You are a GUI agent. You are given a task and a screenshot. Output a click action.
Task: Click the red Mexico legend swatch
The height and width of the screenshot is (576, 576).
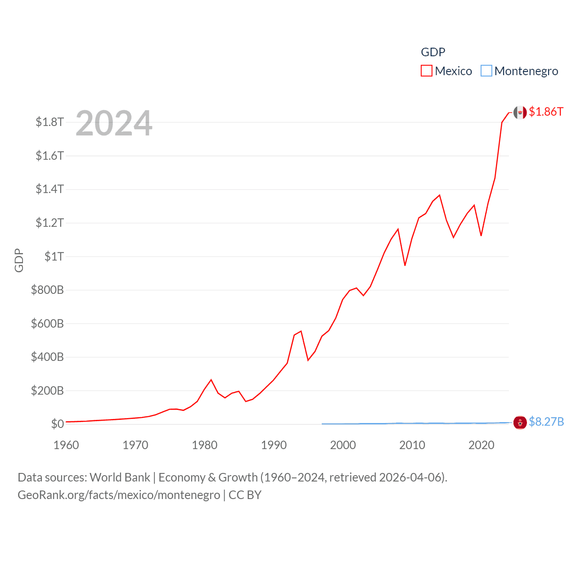(x=426, y=71)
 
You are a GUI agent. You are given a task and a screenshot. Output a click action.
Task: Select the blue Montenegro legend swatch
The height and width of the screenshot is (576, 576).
(x=486, y=71)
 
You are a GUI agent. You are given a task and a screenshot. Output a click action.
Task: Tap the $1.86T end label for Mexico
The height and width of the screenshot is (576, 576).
(x=546, y=112)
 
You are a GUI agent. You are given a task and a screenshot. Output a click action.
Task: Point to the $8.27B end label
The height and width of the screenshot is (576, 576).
(x=546, y=422)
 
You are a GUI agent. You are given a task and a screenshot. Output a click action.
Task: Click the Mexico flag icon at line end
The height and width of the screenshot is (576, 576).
(x=520, y=112)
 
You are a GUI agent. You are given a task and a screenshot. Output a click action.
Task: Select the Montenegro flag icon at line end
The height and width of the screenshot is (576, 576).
(x=520, y=423)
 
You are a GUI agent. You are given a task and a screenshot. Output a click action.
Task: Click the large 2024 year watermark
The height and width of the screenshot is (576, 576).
(x=114, y=123)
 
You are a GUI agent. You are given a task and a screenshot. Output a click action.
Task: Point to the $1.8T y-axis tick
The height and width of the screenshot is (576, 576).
(x=49, y=122)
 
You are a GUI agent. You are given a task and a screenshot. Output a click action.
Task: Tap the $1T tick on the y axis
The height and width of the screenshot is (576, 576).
(x=54, y=256)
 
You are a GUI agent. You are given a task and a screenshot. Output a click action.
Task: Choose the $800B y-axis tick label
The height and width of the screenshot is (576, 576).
(x=47, y=290)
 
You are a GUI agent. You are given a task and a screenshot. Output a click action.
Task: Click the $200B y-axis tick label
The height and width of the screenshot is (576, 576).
(x=47, y=391)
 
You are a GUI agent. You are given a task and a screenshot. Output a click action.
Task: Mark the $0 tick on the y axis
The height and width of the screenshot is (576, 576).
(x=57, y=424)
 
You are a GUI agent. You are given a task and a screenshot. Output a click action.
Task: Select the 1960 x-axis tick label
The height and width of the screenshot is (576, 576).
(x=66, y=445)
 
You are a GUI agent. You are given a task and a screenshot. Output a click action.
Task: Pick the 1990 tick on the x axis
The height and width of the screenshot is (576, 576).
(x=274, y=445)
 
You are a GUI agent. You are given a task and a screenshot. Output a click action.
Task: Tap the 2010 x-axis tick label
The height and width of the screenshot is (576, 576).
(x=412, y=445)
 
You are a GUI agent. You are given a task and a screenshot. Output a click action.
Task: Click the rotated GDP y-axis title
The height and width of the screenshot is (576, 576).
(x=19, y=260)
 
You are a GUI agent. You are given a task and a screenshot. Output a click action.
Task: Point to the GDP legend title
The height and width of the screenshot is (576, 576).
(x=433, y=52)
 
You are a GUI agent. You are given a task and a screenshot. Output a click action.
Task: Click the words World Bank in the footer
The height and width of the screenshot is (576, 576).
(x=120, y=477)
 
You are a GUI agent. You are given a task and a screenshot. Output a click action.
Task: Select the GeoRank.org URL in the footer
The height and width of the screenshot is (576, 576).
(x=119, y=495)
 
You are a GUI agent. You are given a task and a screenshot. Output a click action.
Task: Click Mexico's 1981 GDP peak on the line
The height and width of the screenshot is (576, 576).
(x=211, y=380)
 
